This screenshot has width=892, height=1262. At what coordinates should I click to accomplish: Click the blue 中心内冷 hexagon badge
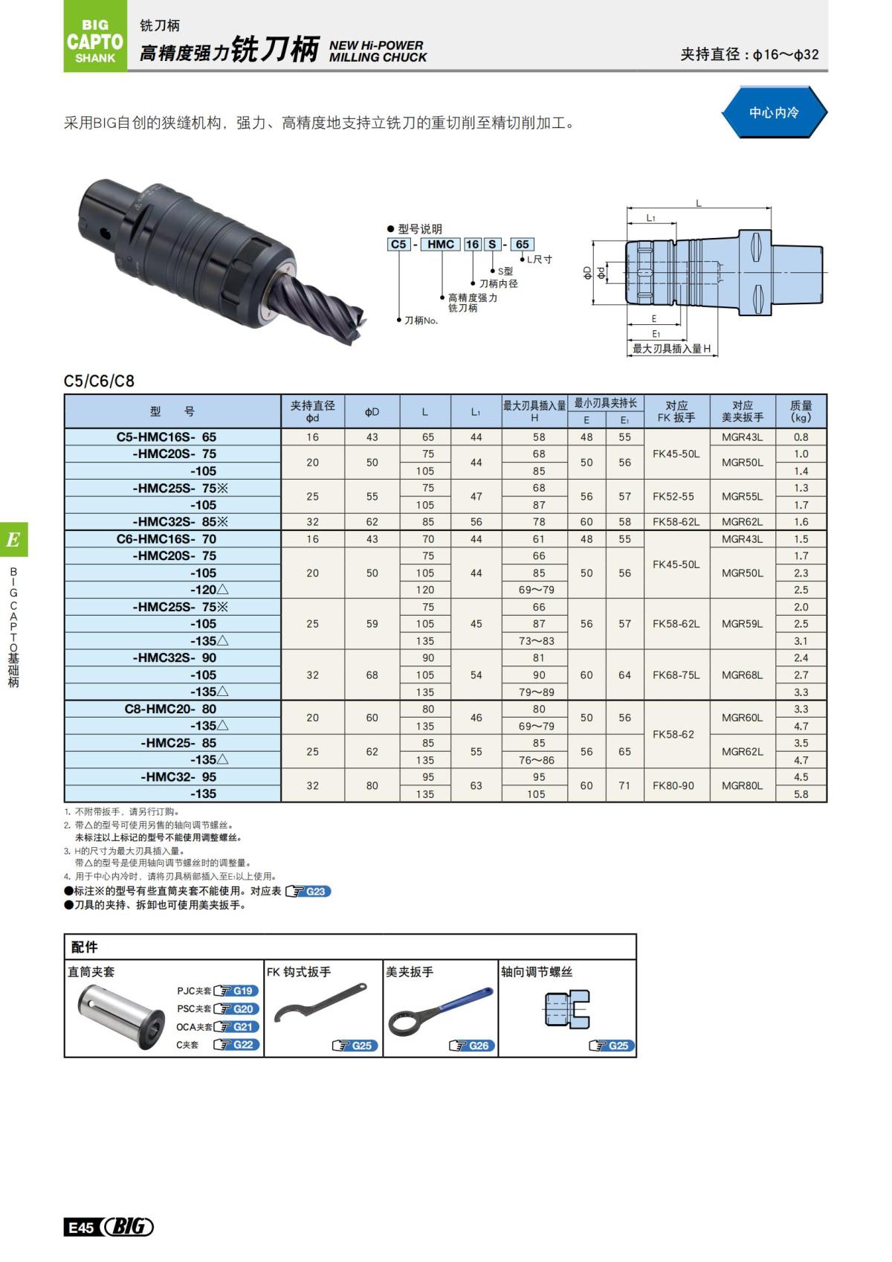[774, 113]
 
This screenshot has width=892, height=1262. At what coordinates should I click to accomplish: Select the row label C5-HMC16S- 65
[167, 437]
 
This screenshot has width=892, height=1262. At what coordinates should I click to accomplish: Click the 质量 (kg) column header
[801, 411]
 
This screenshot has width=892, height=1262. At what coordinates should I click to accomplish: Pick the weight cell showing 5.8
[801, 794]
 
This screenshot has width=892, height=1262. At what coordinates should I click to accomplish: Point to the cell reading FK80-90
[676, 785]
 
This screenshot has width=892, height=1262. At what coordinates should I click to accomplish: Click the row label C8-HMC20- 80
[170, 709]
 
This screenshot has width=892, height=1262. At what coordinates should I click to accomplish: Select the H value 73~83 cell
[538, 641]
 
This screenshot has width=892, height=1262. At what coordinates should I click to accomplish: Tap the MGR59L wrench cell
[742, 624]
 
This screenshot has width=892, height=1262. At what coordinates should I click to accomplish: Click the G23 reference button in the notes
[308, 891]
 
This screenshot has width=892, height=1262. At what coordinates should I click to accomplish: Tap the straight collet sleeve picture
[123, 1016]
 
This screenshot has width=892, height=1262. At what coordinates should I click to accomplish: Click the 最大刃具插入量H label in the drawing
[670, 349]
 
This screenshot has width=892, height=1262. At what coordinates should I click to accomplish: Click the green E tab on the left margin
[13, 540]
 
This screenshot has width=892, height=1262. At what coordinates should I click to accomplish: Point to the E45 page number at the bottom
[80, 1227]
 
